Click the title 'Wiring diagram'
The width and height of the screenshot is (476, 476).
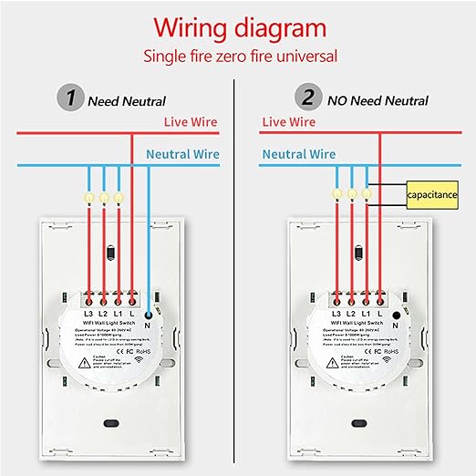coord(238,25)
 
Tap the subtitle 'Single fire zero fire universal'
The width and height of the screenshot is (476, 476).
coord(238,56)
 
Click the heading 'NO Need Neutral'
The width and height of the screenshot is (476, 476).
coord(376,100)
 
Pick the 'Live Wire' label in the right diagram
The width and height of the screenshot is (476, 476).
coord(291,120)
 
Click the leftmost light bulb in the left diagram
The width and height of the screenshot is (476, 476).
coord(89,195)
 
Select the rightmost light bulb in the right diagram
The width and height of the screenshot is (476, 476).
coord(367,192)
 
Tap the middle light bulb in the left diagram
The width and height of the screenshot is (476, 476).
coord(104,195)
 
